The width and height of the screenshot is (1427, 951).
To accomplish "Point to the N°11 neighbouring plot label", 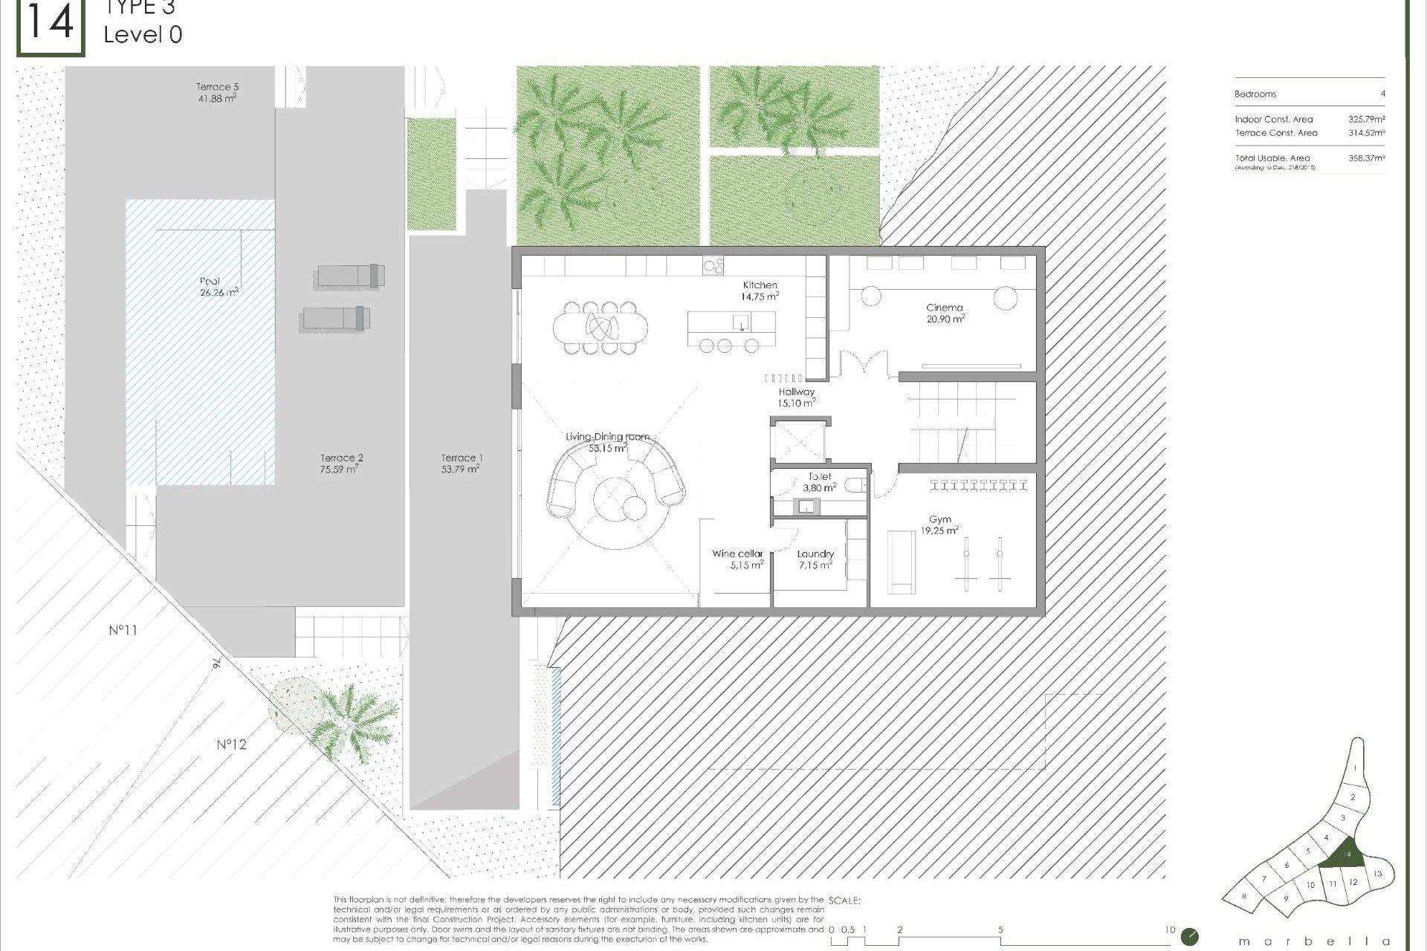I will pyautogui.click(x=123, y=630).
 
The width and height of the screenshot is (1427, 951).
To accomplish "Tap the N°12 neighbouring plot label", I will pyautogui.click(x=231, y=744).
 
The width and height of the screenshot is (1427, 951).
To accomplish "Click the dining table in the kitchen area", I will pyautogui.click(x=601, y=325).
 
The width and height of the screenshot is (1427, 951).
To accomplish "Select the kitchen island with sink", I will pyautogui.click(x=731, y=322).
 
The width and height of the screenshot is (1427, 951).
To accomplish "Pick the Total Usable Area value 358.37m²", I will pyautogui.click(x=1366, y=158).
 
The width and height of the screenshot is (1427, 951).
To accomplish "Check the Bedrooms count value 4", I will pyautogui.click(x=1382, y=94).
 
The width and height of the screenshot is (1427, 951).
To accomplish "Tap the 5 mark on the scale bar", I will pyautogui.click(x=1000, y=929).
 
